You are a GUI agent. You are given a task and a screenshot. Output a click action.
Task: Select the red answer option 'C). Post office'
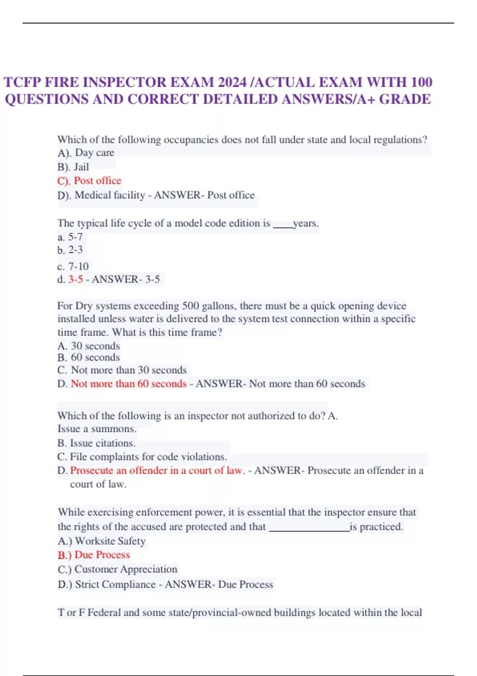(89, 181)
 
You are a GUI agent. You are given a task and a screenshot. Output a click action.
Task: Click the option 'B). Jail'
(73, 167)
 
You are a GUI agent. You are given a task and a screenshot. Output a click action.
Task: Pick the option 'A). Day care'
(86, 153)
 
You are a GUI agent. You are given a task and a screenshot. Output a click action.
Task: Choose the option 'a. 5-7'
(70, 237)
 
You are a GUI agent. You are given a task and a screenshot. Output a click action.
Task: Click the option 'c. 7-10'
(73, 266)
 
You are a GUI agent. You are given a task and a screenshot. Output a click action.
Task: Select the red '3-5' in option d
(76, 279)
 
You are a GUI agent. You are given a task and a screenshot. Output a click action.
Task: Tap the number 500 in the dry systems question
(190, 306)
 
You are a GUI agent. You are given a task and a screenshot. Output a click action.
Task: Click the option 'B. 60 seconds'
(89, 357)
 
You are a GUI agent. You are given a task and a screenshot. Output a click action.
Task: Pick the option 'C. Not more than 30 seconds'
(122, 370)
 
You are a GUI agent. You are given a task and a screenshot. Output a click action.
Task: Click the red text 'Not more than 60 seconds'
(128, 384)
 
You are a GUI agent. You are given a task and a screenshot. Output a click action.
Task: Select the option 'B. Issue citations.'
(97, 443)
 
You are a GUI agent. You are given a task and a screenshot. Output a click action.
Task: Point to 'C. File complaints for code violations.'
(142, 456)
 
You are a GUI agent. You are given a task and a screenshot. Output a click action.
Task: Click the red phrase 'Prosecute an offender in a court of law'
(156, 470)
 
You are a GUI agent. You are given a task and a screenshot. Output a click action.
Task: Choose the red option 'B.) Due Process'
(94, 555)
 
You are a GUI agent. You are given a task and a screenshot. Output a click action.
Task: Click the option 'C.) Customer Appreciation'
(118, 569)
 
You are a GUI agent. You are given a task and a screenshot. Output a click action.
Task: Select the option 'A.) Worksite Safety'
(102, 541)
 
